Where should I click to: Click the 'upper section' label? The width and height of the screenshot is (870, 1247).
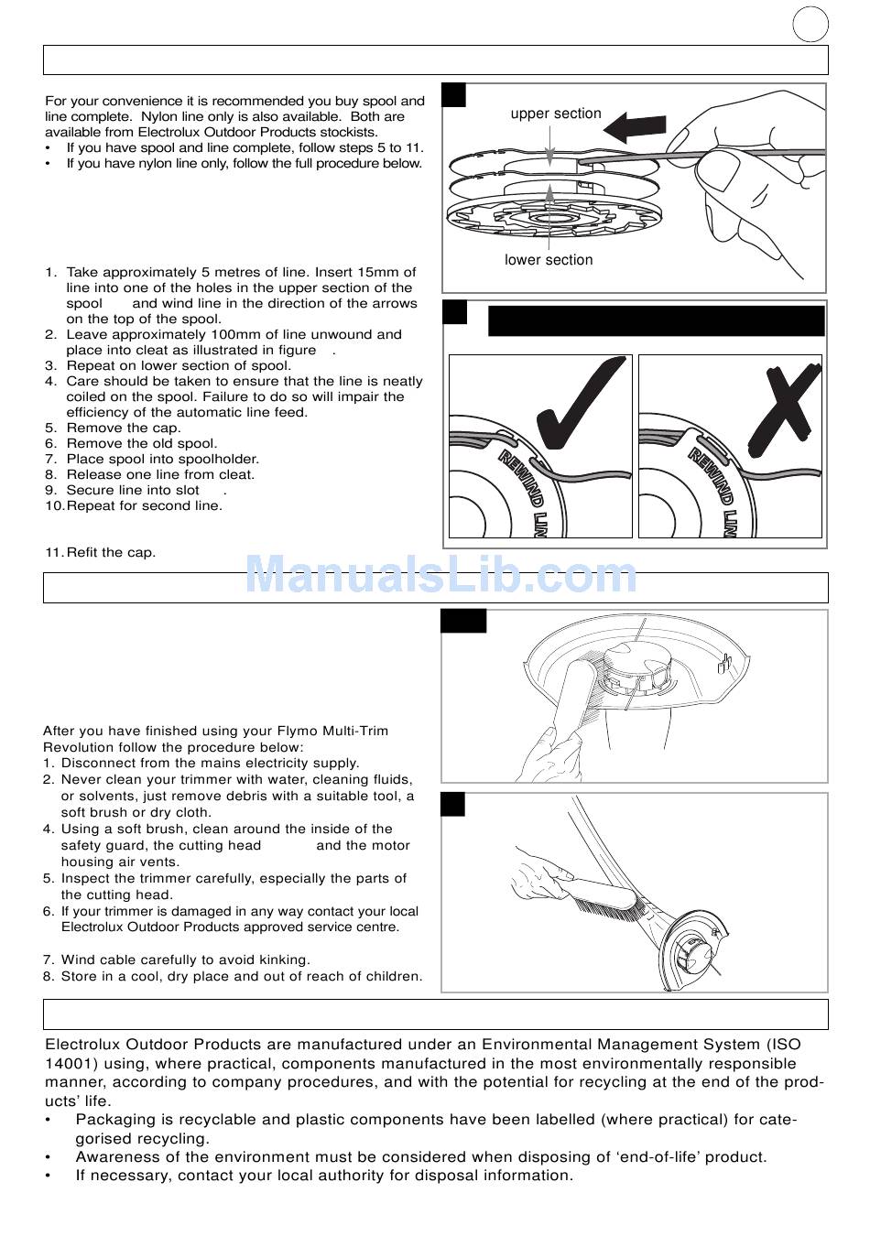click(x=556, y=114)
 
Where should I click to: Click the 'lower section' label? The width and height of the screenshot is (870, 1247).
click(x=549, y=260)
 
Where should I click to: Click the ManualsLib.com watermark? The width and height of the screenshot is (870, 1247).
click(x=440, y=575)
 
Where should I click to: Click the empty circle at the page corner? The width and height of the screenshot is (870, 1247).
click(x=810, y=24)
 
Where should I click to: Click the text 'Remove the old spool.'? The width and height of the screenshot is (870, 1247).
click(x=141, y=443)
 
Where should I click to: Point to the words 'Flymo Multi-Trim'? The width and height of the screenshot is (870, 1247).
click(x=332, y=731)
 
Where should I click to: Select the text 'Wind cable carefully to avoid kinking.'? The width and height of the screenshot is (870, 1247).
click(x=185, y=960)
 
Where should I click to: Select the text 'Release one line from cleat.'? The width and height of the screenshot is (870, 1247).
click(x=160, y=474)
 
